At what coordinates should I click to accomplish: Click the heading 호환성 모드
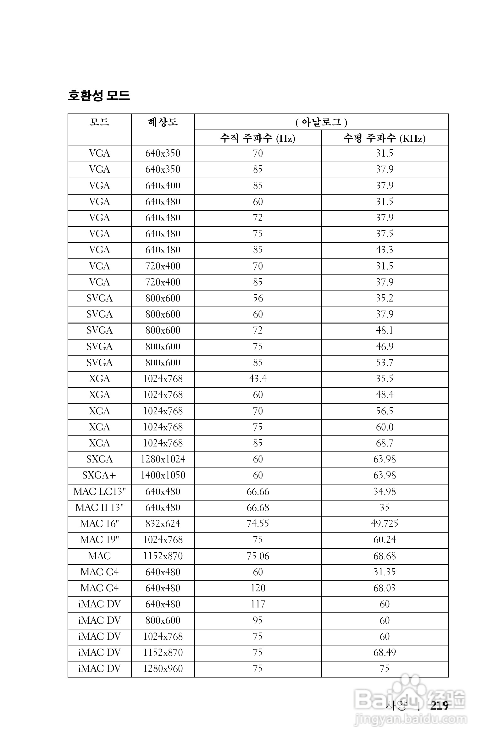tap(99, 95)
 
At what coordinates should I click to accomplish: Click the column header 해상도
tap(163, 122)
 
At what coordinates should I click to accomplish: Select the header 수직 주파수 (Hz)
tap(257, 138)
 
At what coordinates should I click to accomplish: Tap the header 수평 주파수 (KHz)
tap(384, 138)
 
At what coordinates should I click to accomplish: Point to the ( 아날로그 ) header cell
tap(321, 122)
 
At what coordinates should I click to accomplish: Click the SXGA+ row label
tap(99, 475)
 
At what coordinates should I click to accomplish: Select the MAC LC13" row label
tap(99, 492)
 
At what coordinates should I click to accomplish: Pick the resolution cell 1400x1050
tap(163, 475)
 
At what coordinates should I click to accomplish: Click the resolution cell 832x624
tap(163, 524)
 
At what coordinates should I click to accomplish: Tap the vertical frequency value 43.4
tap(257, 379)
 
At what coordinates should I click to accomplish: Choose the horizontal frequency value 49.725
tap(384, 524)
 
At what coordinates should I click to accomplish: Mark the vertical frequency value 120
tap(257, 588)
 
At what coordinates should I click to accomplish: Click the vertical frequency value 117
tap(257, 604)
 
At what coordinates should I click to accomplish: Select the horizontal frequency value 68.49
tap(384, 652)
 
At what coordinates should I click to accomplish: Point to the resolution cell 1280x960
tap(163, 668)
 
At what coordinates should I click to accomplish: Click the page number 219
tap(439, 706)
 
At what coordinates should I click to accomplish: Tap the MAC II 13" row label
tap(99, 507)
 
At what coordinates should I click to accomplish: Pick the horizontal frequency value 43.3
tap(384, 250)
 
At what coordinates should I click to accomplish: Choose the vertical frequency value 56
tap(257, 298)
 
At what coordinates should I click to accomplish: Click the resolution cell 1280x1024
tap(163, 459)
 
